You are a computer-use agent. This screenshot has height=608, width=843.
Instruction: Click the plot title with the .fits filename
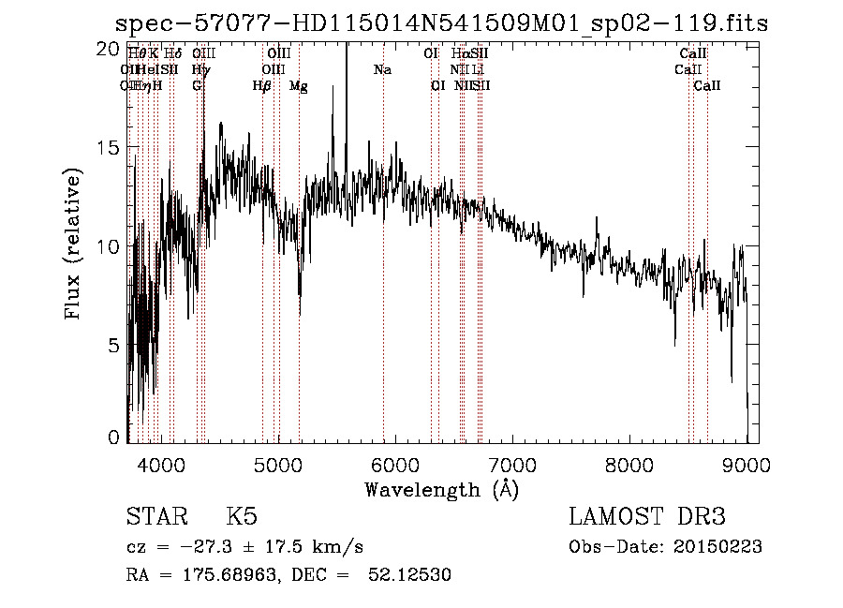(x=441, y=22)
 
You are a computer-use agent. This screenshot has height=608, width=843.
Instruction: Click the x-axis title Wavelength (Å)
(x=441, y=489)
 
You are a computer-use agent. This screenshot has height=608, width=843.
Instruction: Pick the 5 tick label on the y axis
(x=113, y=345)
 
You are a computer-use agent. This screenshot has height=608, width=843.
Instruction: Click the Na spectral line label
(x=382, y=70)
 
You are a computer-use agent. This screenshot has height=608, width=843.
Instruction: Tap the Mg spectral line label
(x=299, y=86)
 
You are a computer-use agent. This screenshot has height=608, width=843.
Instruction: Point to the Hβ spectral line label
(x=262, y=86)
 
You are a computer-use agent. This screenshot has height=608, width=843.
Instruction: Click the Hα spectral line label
(x=459, y=54)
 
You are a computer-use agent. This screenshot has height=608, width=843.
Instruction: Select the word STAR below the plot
(x=155, y=517)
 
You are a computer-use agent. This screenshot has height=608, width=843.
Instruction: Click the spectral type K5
(x=241, y=517)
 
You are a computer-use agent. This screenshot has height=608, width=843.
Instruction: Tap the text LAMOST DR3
(x=647, y=517)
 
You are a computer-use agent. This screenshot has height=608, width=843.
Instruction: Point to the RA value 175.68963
(x=221, y=575)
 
